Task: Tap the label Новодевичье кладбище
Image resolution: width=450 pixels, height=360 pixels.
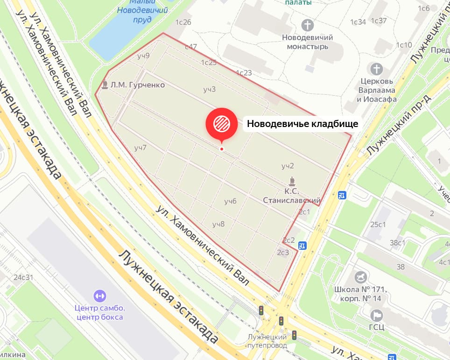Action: tap(302, 124)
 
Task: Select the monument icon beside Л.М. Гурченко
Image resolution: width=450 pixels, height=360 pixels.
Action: tap(105, 85)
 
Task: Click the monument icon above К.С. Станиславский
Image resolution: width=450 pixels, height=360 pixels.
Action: tap(292, 181)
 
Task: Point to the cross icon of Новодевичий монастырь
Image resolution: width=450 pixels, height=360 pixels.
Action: tap(308, 25)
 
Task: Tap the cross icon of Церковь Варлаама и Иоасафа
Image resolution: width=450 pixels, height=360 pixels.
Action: tap(376, 69)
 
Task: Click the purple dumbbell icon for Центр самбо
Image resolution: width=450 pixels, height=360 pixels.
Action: tap(100, 296)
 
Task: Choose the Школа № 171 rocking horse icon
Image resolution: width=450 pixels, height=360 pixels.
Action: tap(361, 277)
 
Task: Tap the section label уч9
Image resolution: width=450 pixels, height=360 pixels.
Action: tap(143, 56)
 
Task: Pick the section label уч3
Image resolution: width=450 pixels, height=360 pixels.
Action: tap(209, 89)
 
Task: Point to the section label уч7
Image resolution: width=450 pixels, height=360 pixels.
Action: tap(140, 148)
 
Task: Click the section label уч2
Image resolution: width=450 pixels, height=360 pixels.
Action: tap(288, 166)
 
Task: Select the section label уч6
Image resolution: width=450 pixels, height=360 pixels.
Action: tap(230, 201)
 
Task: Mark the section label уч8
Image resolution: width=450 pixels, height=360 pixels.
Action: tap(218, 224)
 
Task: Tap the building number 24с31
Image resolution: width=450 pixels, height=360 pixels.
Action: tap(23, 277)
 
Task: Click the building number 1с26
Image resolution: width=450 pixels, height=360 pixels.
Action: tap(183, 22)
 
